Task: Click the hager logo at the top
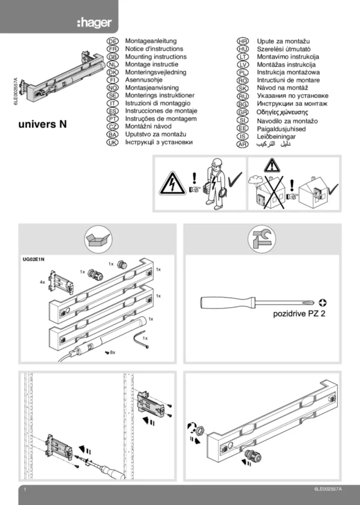click(x=94, y=23)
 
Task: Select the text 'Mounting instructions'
click(x=156, y=57)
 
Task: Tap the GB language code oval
click(x=112, y=57)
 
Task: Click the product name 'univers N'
click(x=42, y=124)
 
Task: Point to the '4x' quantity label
click(x=42, y=283)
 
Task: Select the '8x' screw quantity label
click(x=112, y=352)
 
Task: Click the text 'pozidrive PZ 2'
click(x=300, y=313)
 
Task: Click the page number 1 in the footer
click(x=24, y=489)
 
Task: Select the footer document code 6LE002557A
click(x=327, y=488)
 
